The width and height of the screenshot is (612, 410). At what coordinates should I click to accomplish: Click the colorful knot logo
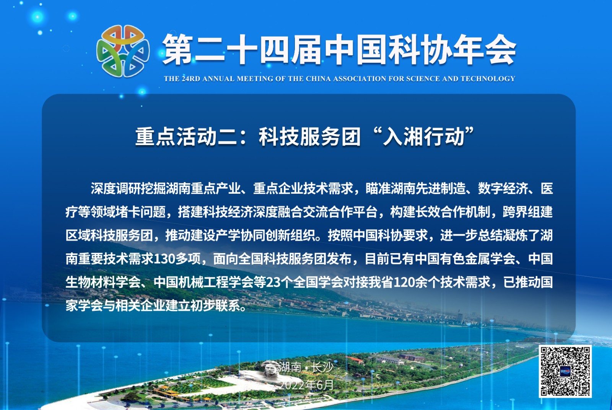[123, 51]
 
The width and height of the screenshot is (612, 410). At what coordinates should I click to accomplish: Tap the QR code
[565, 371]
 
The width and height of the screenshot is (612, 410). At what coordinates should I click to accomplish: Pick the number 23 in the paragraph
[273, 282]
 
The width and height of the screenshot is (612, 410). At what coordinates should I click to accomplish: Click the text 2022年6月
[306, 385]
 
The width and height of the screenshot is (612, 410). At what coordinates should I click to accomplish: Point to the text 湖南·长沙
[306, 367]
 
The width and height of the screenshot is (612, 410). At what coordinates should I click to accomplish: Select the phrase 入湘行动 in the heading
[424, 137]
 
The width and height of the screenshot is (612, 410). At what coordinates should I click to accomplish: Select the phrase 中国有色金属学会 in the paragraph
[465, 259]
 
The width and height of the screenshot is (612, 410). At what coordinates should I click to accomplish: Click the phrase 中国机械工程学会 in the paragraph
[204, 282]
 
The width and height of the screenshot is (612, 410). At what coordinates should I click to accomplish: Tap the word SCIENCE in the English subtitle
[423, 79]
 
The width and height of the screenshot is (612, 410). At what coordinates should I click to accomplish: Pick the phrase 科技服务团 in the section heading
[309, 137]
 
